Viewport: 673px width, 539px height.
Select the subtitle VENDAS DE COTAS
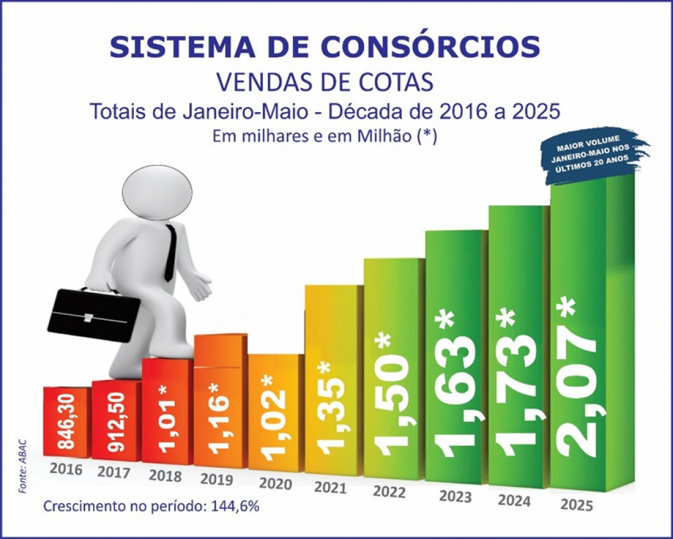(325, 81)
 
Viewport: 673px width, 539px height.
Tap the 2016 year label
(66, 469)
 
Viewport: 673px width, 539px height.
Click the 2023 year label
(455, 495)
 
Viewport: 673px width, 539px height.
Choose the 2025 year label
(577, 505)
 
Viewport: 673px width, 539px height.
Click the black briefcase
(93, 315)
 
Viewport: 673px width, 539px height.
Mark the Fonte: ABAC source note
(24, 465)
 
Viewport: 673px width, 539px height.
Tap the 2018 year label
(165, 476)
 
